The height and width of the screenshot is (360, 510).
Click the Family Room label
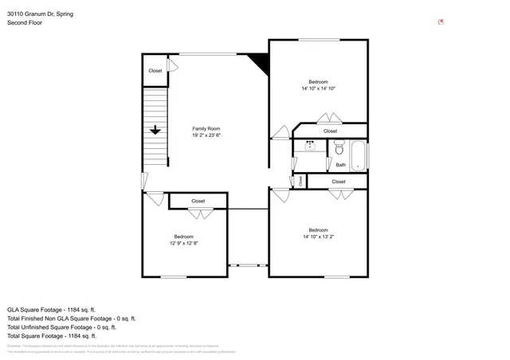pyautogui.click(x=206, y=128)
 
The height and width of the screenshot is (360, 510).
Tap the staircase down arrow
pyautogui.click(x=155, y=130)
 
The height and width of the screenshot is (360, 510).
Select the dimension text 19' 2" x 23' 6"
pyautogui.click(x=206, y=135)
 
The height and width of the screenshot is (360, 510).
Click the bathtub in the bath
pyautogui.click(x=359, y=155)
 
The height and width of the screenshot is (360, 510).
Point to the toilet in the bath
pyautogui.click(x=339, y=147)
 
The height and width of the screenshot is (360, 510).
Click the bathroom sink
pyautogui.click(x=309, y=145)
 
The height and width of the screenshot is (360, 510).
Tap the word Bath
pyautogui.click(x=340, y=165)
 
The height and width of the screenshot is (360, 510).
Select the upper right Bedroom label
pyautogui.click(x=319, y=81)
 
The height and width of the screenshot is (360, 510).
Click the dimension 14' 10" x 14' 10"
pyautogui.click(x=319, y=88)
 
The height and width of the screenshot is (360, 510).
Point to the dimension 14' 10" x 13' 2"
pyautogui.click(x=319, y=237)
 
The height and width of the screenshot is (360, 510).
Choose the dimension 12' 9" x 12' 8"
pyautogui.click(x=184, y=243)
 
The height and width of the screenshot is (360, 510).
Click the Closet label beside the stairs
pyautogui.click(x=155, y=71)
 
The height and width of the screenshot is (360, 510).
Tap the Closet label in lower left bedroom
pyautogui.click(x=198, y=202)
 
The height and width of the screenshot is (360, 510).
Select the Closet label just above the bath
pyautogui.click(x=330, y=131)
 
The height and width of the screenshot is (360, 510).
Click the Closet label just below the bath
pyautogui.click(x=339, y=182)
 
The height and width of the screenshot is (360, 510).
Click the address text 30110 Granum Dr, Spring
pyautogui.click(x=41, y=14)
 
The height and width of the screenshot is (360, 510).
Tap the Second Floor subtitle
pyautogui.click(x=25, y=23)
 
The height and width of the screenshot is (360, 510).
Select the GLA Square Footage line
pyautogui.click(x=51, y=309)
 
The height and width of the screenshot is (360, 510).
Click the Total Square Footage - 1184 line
pyautogui.click(x=53, y=335)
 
